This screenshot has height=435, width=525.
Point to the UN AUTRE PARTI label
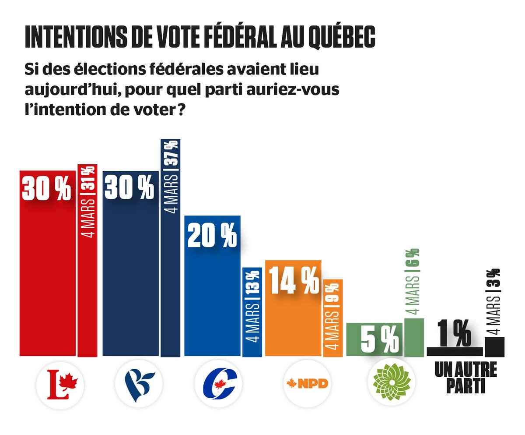(x=465, y=378)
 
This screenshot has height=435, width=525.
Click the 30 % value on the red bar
(x=46, y=189)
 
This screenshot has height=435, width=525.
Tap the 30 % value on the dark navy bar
(x=129, y=188)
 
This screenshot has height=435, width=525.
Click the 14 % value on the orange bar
(x=294, y=282)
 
